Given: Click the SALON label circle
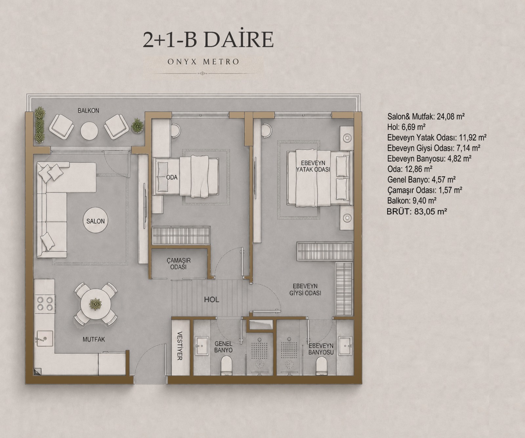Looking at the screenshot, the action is coord(95,221).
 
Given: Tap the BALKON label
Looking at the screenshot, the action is coord(88,111).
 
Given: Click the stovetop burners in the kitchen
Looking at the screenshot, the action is coord(45,303).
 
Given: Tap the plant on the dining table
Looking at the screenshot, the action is coord(95,304).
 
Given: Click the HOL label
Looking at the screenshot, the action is coord(212,300).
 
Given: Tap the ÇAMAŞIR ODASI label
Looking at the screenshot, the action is coord(178,263).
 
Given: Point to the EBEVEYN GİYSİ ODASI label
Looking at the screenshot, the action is coord(305,290).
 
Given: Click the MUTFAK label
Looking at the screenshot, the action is coord(94,340).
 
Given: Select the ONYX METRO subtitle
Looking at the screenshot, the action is coord(203,62).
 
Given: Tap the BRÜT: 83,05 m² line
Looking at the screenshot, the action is coord(417,211).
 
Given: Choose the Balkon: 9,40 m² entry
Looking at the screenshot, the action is coord(412,200).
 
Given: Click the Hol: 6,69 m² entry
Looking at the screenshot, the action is coord(406,127).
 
